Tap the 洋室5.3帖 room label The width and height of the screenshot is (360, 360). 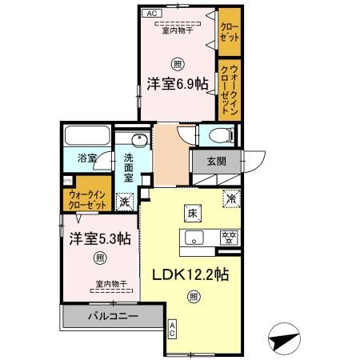[x=98, y=238]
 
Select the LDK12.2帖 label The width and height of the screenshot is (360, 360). [x=191, y=274]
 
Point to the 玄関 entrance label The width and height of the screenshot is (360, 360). [x=216, y=162]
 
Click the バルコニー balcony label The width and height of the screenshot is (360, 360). [x=114, y=317]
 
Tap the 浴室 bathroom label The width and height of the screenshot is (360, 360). [x=86, y=158]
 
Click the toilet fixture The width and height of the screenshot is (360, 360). [x=216, y=135]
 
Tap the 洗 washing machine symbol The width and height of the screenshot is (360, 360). [x=125, y=200]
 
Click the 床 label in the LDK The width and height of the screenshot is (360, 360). [x=193, y=214]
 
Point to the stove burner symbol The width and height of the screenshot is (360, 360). [x=229, y=237]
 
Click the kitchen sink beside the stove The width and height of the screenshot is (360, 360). [x=195, y=237]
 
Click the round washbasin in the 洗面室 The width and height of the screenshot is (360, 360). [x=137, y=143]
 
